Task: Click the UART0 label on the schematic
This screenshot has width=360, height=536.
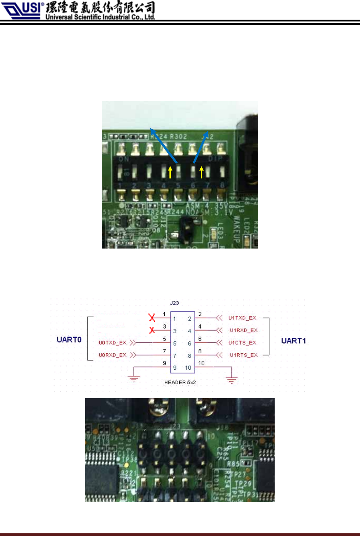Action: click(x=69, y=340)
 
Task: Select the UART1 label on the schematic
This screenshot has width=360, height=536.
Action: click(x=293, y=341)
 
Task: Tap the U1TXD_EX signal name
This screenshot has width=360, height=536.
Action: click(x=242, y=318)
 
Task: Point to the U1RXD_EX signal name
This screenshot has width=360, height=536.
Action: click(x=244, y=330)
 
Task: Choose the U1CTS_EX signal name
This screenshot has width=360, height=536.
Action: click(x=242, y=342)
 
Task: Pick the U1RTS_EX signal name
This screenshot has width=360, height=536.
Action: click(x=244, y=355)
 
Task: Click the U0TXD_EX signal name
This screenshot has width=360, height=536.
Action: click(x=112, y=342)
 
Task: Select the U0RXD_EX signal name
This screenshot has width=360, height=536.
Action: click(x=112, y=355)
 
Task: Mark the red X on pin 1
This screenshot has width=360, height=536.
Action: click(x=152, y=318)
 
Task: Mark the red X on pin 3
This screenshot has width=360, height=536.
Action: click(x=152, y=330)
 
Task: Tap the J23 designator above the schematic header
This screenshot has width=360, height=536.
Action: click(x=175, y=303)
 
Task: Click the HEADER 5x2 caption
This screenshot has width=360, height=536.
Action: click(x=180, y=382)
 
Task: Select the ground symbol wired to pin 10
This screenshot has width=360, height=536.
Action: click(x=231, y=380)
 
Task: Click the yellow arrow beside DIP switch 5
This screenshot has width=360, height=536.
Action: click(x=170, y=172)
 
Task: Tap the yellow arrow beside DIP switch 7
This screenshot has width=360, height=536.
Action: click(x=201, y=172)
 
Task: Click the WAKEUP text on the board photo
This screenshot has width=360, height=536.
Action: click(x=236, y=229)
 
